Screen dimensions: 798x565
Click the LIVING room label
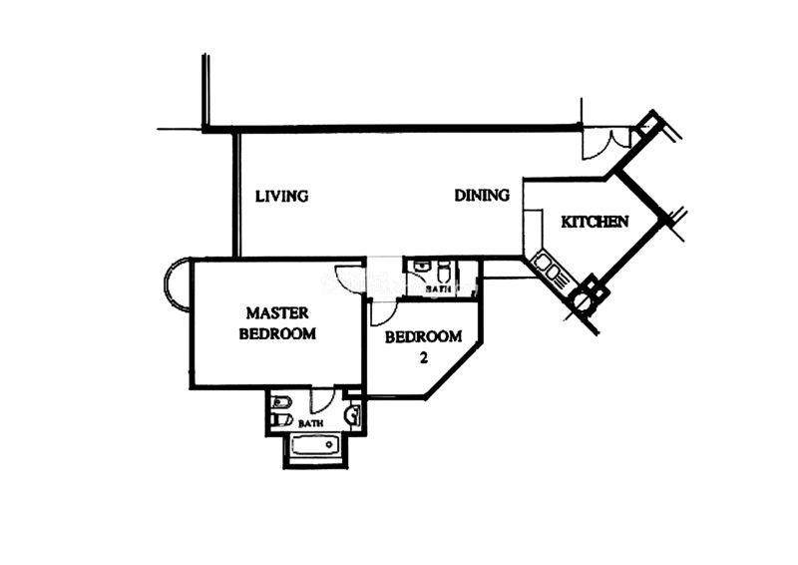[281, 196]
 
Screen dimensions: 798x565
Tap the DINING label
[482, 195]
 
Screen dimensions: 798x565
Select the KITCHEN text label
[595, 222]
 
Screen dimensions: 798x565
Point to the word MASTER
[277, 312]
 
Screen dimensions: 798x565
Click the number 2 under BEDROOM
[423, 357]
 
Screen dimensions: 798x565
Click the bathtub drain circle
[330, 445]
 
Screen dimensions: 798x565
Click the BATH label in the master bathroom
[310, 423]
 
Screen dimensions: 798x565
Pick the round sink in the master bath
[351, 415]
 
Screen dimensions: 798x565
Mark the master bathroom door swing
[322, 400]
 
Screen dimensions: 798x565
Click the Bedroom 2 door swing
[383, 312]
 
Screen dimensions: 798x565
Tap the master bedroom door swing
[348, 279]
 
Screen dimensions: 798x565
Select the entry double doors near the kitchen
[607, 144]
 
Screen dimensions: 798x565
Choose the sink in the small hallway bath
[420, 267]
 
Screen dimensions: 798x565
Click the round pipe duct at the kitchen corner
[582, 300]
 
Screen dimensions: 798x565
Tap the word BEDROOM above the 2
[423, 336]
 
